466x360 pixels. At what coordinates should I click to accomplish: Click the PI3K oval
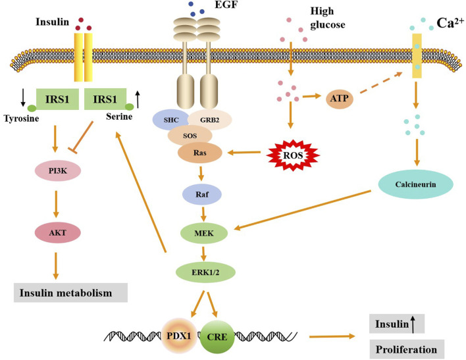[x=58, y=171]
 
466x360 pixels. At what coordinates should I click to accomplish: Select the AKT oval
[x=58, y=232]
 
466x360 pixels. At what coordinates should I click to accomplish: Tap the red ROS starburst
[x=293, y=155]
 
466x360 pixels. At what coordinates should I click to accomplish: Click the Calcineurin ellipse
[x=415, y=184]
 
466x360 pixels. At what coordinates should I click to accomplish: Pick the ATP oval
[x=340, y=98]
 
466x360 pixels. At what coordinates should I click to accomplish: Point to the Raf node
[x=202, y=194]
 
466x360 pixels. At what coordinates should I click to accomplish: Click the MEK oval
[x=204, y=234]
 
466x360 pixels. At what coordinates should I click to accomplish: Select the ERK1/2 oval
[x=205, y=272]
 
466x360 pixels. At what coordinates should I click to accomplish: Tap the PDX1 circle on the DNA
[x=179, y=336]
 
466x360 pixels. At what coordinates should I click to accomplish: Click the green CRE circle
[x=217, y=337]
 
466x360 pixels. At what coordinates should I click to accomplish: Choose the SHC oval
[x=171, y=120]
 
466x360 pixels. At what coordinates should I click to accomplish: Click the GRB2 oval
[x=209, y=120]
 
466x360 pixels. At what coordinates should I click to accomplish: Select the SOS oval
[x=190, y=136]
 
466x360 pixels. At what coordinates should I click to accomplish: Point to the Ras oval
[x=199, y=153]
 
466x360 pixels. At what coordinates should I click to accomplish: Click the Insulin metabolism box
[x=70, y=293]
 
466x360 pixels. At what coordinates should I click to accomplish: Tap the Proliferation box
[x=407, y=349]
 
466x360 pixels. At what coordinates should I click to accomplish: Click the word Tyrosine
[x=22, y=118]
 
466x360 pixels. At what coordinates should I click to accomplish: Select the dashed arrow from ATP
[x=381, y=83]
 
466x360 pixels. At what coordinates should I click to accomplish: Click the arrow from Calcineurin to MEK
[x=303, y=210]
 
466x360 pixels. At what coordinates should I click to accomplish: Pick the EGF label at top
[x=226, y=4]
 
